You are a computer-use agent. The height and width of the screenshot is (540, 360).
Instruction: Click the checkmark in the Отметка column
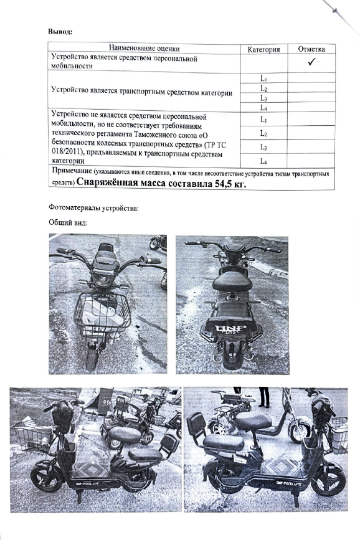pos(311,62)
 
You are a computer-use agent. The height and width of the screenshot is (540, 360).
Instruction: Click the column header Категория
pos(263,50)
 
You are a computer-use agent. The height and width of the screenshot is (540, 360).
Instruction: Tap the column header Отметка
pos(311,49)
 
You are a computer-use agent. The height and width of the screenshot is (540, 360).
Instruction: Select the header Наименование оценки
pos(144,49)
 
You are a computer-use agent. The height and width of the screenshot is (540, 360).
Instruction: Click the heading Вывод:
pos(60,32)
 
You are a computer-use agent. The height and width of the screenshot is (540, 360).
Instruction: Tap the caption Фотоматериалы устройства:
pos(93,208)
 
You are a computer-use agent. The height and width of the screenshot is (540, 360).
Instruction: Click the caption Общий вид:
pos(69,222)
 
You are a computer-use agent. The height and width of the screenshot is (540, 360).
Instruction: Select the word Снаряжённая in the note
pos(107,184)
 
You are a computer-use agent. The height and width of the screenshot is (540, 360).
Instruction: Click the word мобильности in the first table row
pos(72,66)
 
